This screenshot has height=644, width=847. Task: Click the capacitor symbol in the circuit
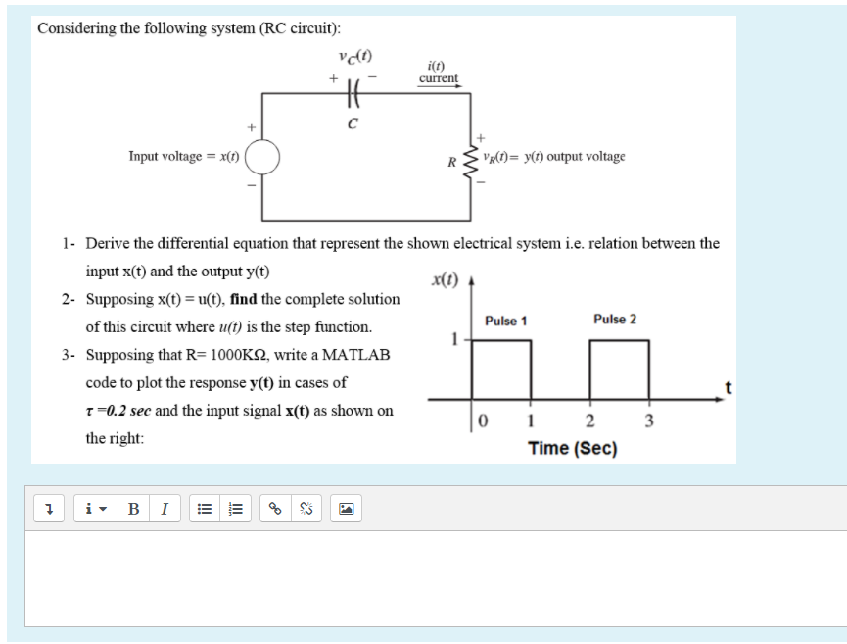click(x=353, y=94)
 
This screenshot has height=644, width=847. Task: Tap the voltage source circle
click(x=263, y=156)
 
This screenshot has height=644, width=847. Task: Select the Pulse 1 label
click(x=505, y=321)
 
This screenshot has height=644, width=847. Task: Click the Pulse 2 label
click(x=614, y=320)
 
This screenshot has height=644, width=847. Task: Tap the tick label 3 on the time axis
click(x=646, y=423)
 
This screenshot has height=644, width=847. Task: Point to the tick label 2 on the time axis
click(x=589, y=423)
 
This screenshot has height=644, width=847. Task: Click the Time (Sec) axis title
click(x=573, y=448)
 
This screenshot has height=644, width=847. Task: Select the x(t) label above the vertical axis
click(x=445, y=280)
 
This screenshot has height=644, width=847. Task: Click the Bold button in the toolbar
click(x=133, y=509)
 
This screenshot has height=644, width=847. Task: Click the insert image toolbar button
click(x=347, y=509)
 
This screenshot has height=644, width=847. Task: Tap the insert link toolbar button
click(x=275, y=509)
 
